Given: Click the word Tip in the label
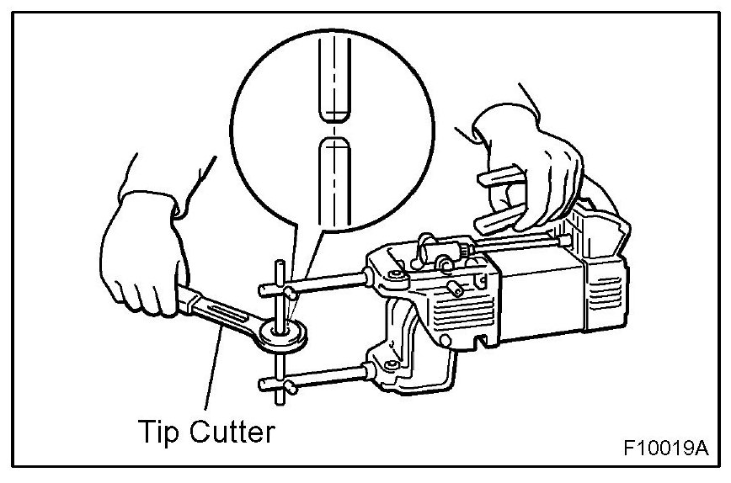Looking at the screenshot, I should [157, 433].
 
